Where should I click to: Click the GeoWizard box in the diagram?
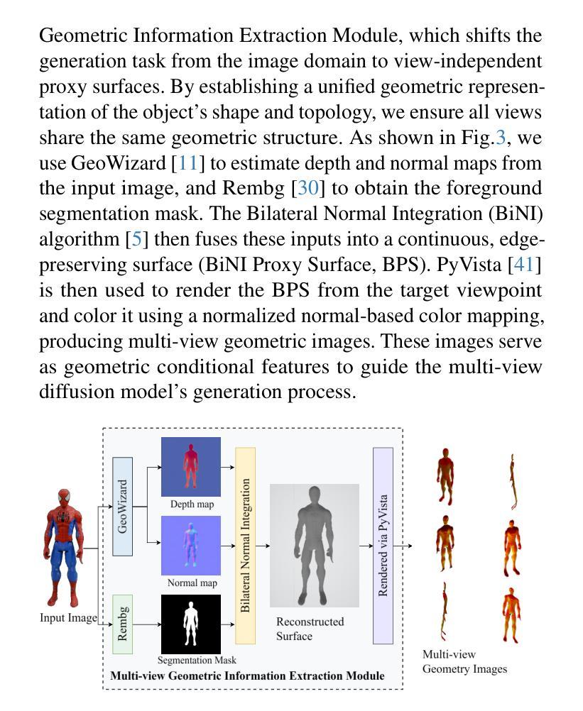(123, 507)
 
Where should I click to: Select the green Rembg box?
(123, 624)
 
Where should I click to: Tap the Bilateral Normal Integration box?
(245, 545)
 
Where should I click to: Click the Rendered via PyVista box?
(383, 545)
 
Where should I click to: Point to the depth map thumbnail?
(190, 466)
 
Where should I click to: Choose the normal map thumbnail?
(190, 545)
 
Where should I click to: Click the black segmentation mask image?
(190, 624)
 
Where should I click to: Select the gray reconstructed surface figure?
(314, 545)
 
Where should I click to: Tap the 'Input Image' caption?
(68, 618)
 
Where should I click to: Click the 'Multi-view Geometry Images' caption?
(464, 661)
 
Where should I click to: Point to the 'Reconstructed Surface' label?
(310, 629)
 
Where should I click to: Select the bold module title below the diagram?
(247, 676)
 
